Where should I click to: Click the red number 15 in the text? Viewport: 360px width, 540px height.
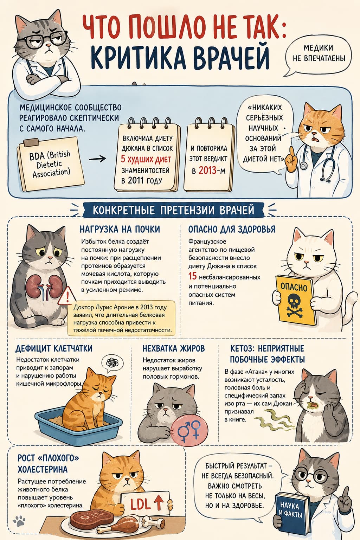coord(193,276)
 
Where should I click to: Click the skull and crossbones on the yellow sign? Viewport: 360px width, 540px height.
coord(295,305)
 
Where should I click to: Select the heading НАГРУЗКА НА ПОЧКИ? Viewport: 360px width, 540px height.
coord(120,229)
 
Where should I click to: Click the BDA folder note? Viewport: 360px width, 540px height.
coord(51,164)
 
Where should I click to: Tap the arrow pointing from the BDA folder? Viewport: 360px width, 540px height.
coord(97,159)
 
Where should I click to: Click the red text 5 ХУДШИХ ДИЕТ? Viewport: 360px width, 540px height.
coord(146,159)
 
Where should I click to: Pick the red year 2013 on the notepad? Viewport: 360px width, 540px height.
coord(207,171)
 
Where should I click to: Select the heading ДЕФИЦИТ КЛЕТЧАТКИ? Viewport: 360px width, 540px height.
coord(54,349)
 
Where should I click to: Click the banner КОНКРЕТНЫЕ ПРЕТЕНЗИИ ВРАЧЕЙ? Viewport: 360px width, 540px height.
coord(173,210)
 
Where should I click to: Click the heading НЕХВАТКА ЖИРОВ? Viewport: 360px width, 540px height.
coord(174,349)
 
